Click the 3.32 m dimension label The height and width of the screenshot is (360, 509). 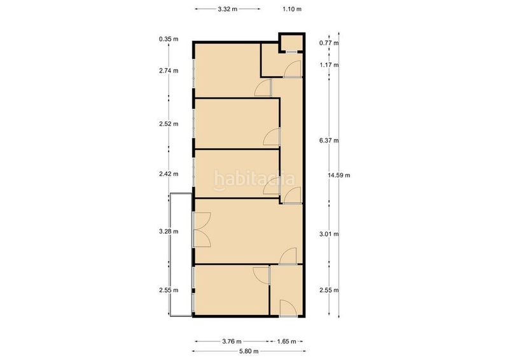point(227,9)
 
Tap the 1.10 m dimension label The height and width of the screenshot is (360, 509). point(292,9)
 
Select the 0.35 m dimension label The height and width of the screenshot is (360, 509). point(169,39)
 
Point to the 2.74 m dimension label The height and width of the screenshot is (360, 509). point(169,71)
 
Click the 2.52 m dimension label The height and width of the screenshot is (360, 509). point(169,123)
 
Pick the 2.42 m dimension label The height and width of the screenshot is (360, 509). point(169,174)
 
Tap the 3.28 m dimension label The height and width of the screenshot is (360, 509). point(169,232)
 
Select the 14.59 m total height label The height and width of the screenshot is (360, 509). point(339,176)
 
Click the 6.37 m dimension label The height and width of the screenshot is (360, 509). point(329,141)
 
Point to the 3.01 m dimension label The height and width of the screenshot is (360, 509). point(329,233)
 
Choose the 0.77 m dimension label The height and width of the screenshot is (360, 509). point(329,43)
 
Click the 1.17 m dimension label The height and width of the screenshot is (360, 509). point(329,65)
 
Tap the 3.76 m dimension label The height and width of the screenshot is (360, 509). point(232,341)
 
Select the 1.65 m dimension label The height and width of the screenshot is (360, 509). point(286,341)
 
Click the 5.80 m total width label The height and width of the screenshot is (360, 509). point(249,351)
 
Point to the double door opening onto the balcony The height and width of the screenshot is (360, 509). point(202,230)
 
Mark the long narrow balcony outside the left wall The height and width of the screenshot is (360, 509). point(181,255)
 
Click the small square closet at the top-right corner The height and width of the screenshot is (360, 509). point(291,43)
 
